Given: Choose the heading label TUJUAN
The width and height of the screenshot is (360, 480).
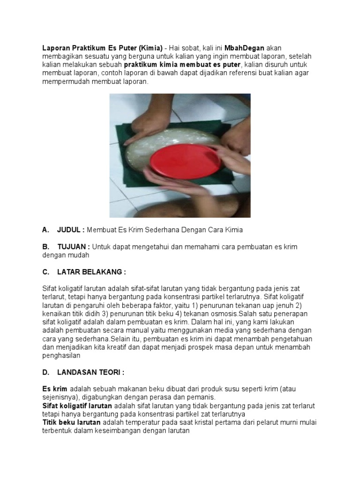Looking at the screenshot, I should pyautogui.click(x=73, y=247).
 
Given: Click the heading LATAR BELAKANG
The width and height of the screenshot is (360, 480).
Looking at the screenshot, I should pyautogui.click(x=91, y=272).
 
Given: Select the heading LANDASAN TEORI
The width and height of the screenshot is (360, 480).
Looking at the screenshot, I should pyautogui.click(x=90, y=372).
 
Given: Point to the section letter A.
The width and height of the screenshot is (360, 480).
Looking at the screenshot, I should pyautogui.click(x=45, y=230).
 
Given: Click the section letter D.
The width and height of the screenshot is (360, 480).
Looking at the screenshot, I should pyautogui.click(x=45, y=372).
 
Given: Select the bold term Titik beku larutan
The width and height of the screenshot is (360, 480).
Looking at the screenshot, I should pyautogui.click(x=71, y=423).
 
